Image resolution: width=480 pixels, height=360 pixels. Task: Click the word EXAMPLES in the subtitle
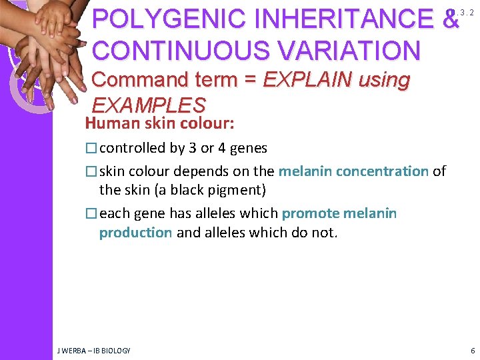point(148,105)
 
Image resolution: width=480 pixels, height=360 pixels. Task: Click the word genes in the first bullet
point(246,148)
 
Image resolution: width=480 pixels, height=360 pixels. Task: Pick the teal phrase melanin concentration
point(353,171)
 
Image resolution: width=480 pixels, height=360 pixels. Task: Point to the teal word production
point(135,232)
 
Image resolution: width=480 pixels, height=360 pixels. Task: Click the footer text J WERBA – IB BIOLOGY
point(93,350)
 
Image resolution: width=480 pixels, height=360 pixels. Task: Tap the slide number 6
point(472,350)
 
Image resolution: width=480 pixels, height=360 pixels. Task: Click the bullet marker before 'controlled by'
point(91,148)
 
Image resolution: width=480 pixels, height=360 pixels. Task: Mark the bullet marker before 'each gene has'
point(91,213)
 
